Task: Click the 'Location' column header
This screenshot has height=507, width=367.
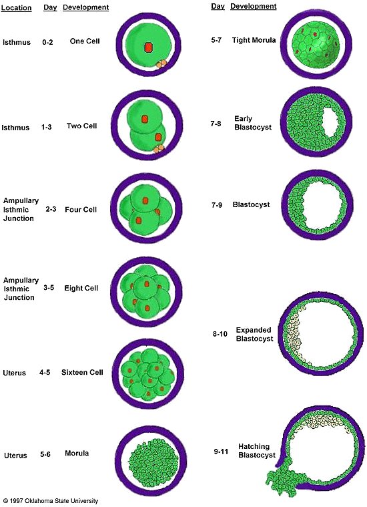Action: tap(17, 7)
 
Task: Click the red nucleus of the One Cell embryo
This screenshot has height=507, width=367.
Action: tap(148, 47)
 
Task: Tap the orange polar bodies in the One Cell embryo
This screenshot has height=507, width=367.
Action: tap(161, 63)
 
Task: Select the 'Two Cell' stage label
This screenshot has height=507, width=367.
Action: tap(81, 126)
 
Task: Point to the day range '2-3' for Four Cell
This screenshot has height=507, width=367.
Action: tap(51, 209)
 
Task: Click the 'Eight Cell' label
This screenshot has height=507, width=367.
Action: tap(81, 288)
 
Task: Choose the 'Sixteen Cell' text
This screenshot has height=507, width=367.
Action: tap(82, 372)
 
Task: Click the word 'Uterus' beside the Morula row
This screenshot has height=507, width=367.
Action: tap(15, 456)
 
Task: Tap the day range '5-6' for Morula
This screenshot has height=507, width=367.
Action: tap(45, 455)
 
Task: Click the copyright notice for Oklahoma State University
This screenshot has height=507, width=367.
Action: tap(51, 501)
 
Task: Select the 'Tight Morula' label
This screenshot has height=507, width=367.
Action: tap(254, 40)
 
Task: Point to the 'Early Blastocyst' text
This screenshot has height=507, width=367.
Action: tap(253, 123)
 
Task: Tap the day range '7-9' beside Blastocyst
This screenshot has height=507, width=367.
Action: tap(216, 204)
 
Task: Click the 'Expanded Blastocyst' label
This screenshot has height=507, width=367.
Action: tap(255, 335)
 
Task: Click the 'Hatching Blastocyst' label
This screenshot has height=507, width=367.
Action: tap(257, 451)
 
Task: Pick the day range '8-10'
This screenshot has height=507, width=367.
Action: tap(220, 334)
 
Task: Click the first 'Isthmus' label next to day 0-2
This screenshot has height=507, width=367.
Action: tap(17, 42)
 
